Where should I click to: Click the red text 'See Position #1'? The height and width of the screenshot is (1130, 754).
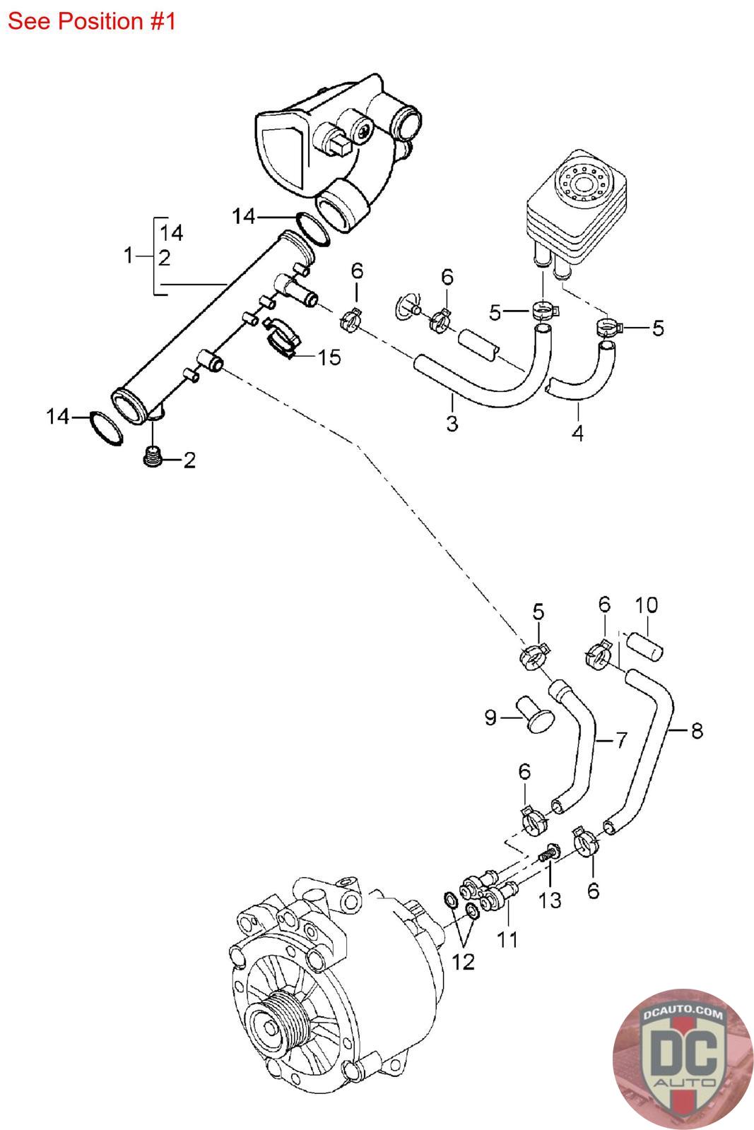click(91, 21)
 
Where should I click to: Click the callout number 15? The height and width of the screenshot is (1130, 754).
click(329, 357)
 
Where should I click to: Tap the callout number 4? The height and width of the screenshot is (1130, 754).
click(577, 432)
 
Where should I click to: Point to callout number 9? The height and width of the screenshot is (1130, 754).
click(491, 718)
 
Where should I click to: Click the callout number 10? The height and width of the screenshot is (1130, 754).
click(646, 605)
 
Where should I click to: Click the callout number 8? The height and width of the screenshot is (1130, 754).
click(697, 730)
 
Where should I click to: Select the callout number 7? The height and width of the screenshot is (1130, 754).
click(620, 740)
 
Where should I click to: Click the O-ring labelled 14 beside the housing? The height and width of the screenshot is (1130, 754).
click(311, 228)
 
